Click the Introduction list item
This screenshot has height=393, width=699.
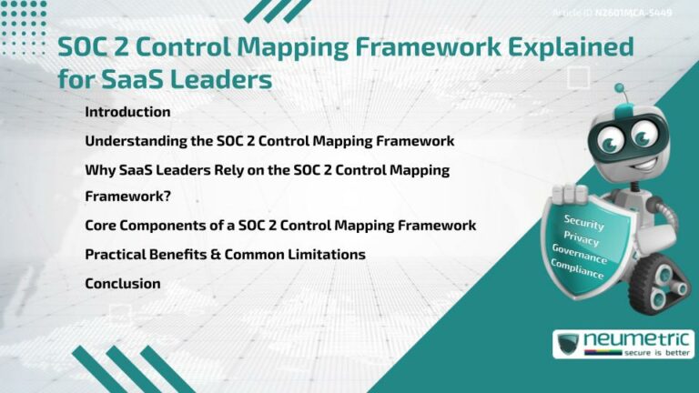click(127, 112)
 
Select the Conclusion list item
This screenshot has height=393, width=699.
click(123, 283)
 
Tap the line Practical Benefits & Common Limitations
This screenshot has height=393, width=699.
click(225, 254)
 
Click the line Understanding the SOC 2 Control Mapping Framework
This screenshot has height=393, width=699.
click(269, 141)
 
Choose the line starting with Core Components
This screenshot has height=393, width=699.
click(280, 225)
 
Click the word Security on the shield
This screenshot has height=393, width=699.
click(583, 221)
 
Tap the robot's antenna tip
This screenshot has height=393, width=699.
click(619, 89)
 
